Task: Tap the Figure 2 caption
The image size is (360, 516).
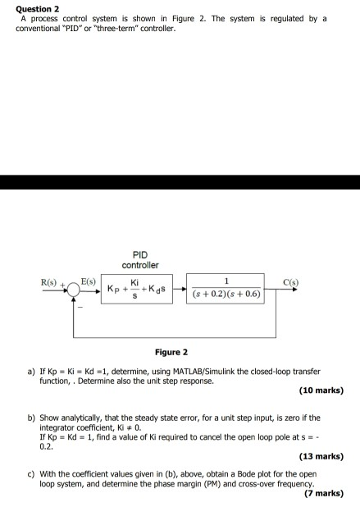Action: [171, 352]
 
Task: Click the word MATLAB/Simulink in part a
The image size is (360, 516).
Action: [190, 371]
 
